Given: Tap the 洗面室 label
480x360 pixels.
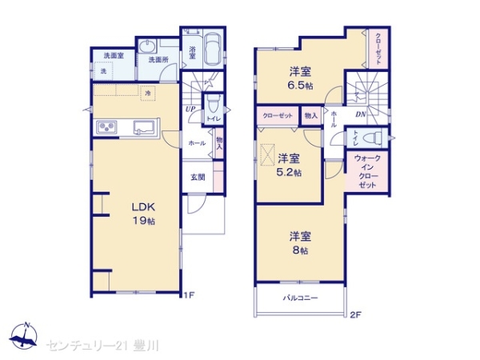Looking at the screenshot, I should (x=113, y=55).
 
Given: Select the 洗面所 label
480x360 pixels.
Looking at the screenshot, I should (x=157, y=60).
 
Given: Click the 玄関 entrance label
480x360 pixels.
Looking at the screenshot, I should (x=198, y=177).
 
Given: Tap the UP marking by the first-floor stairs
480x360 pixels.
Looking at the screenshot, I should (x=190, y=110).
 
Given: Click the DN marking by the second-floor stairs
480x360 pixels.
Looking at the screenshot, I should (x=362, y=114).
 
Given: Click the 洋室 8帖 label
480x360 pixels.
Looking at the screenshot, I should (x=301, y=242).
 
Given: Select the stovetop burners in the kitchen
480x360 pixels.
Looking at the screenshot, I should (x=108, y=128).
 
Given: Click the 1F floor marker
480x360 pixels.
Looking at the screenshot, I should (x=190, y=295).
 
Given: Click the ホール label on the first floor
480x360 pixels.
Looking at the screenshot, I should (x=197, y=143).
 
